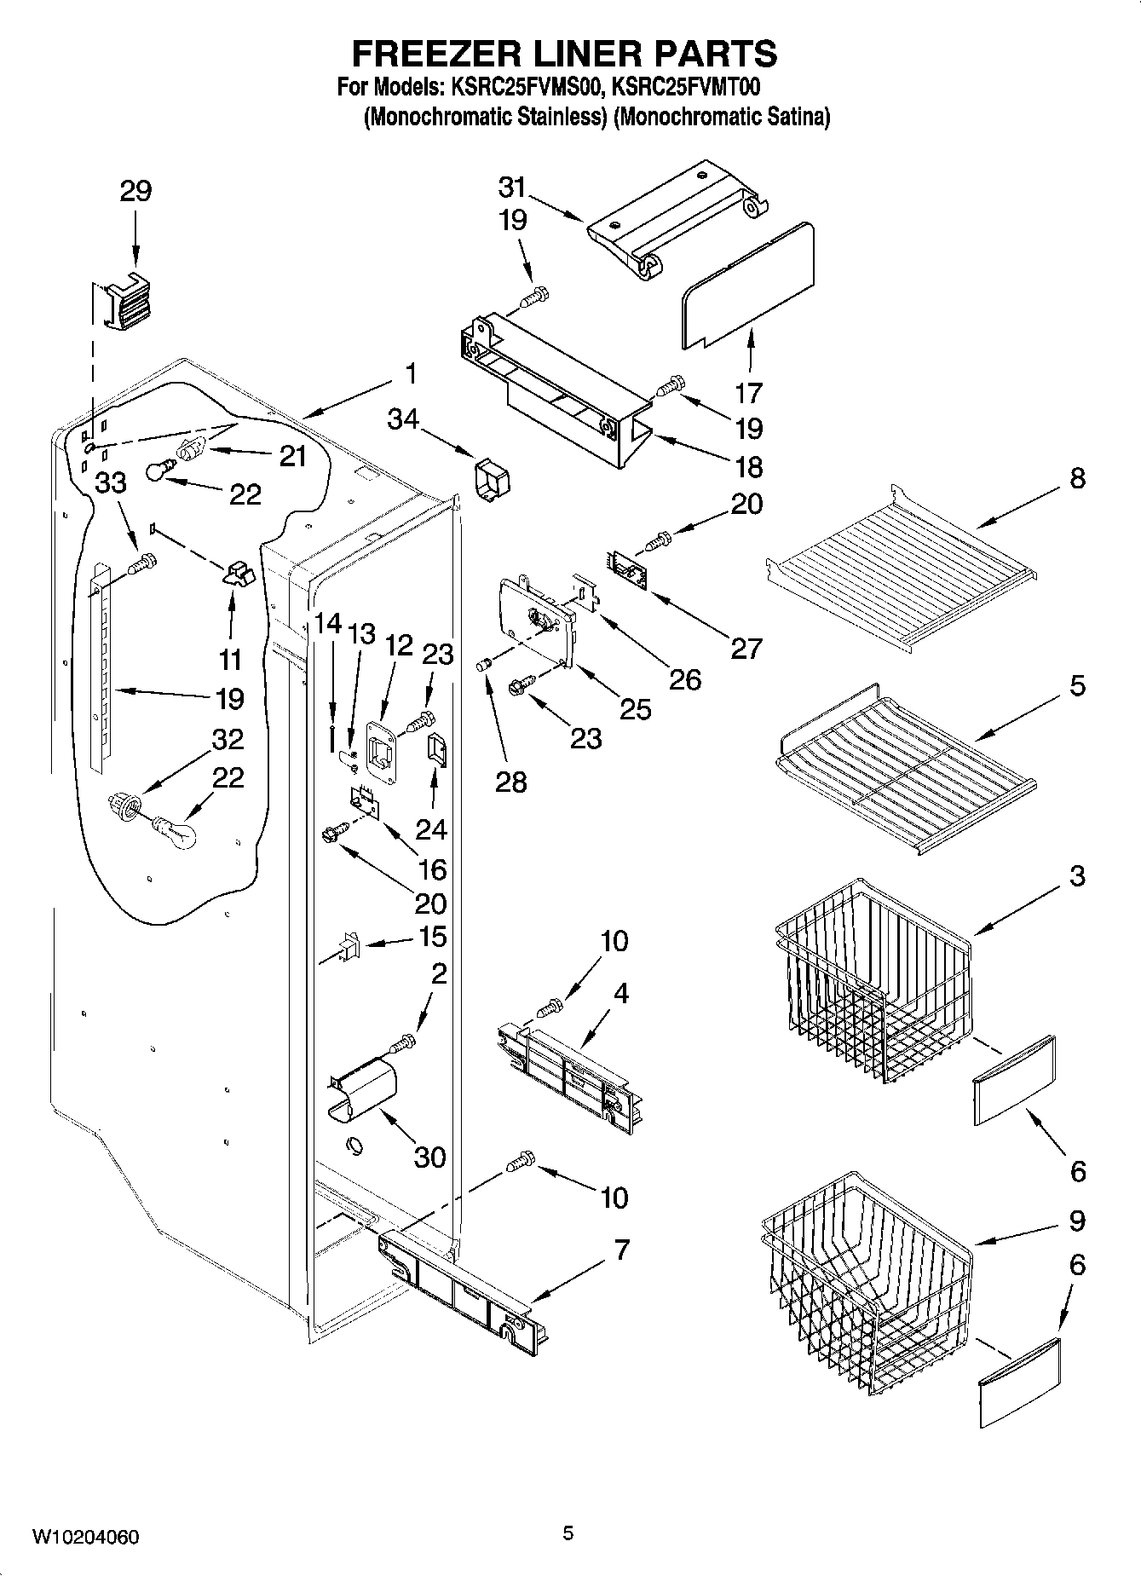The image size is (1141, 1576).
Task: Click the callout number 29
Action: [x=135, y=191]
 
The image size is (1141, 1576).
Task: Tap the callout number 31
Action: [x=512, y=188]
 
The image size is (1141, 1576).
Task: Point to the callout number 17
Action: [x=748, y=393]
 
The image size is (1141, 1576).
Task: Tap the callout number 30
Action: [x=429, y=1157]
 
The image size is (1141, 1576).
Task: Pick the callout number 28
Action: [x=510, y=782]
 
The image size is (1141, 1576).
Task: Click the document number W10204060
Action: [x=85, y=1537]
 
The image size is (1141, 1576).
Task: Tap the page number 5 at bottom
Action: [x=568, y=1533]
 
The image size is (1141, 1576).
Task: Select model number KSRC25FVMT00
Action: [x=687, y=86]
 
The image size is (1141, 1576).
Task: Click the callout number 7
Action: [x=621, y=1250]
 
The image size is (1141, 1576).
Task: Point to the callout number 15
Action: [x=433, y=937]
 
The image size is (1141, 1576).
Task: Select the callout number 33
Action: [x=110, y=483]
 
